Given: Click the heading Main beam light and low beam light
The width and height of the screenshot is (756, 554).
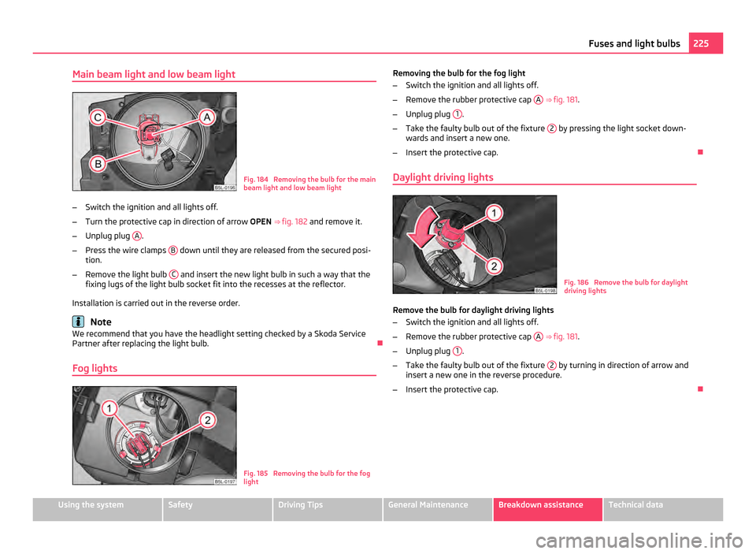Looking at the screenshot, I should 154,74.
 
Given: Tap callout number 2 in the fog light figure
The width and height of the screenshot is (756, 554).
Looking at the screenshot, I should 208,421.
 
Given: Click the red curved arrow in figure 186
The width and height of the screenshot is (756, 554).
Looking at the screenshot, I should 424,229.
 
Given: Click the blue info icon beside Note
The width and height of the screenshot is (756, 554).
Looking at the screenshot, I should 77,322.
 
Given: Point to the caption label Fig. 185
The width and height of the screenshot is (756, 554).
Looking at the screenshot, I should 255,473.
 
